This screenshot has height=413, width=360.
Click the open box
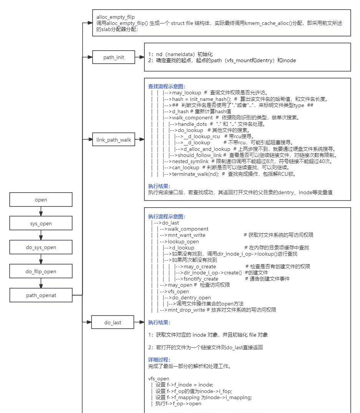point(41,200)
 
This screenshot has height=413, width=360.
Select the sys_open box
point(41,223)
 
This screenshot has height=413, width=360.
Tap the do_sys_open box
point(41,247)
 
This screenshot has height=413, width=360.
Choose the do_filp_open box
point(41,271)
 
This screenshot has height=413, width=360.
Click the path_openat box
point(41,295)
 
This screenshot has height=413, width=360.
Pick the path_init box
point(113,57)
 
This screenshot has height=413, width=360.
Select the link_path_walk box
point(113,140)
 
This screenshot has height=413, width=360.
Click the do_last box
point(113,322)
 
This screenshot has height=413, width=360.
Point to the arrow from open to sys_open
point(41,211)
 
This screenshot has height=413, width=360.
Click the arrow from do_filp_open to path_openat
point(41,283)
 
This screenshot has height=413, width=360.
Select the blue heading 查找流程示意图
point(166,86)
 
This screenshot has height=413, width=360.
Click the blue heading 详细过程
point(159,360)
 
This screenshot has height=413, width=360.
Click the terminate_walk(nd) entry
point(191,174)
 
